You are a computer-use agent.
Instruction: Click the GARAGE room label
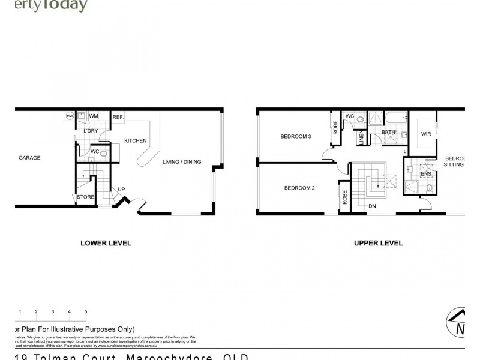(x=29, y=158)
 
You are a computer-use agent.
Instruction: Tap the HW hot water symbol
(x=70, y=116)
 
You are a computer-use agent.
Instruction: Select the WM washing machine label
(x=94, y=116)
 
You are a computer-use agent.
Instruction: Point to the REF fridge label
(x=118, y=117)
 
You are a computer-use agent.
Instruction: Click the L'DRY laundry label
(x=91, y=131)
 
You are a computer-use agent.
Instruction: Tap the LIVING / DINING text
(x=182, y=162)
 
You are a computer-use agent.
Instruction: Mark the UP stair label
(x=121, y=189)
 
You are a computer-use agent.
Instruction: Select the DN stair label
(x=373, y=206)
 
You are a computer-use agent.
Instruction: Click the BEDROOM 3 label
(x=296, y=136)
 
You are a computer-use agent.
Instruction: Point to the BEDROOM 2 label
(x=299, y=188)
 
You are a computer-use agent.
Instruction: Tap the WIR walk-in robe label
(x=427, y=133)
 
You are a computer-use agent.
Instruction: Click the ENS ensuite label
(x=426, y=174)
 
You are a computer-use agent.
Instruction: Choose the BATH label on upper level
(x=388, y=132)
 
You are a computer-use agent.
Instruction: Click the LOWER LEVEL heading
(x=106, y=243)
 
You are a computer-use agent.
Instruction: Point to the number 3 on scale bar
(x=53, y=312)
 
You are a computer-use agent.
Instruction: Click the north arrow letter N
(x=460, y=329)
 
